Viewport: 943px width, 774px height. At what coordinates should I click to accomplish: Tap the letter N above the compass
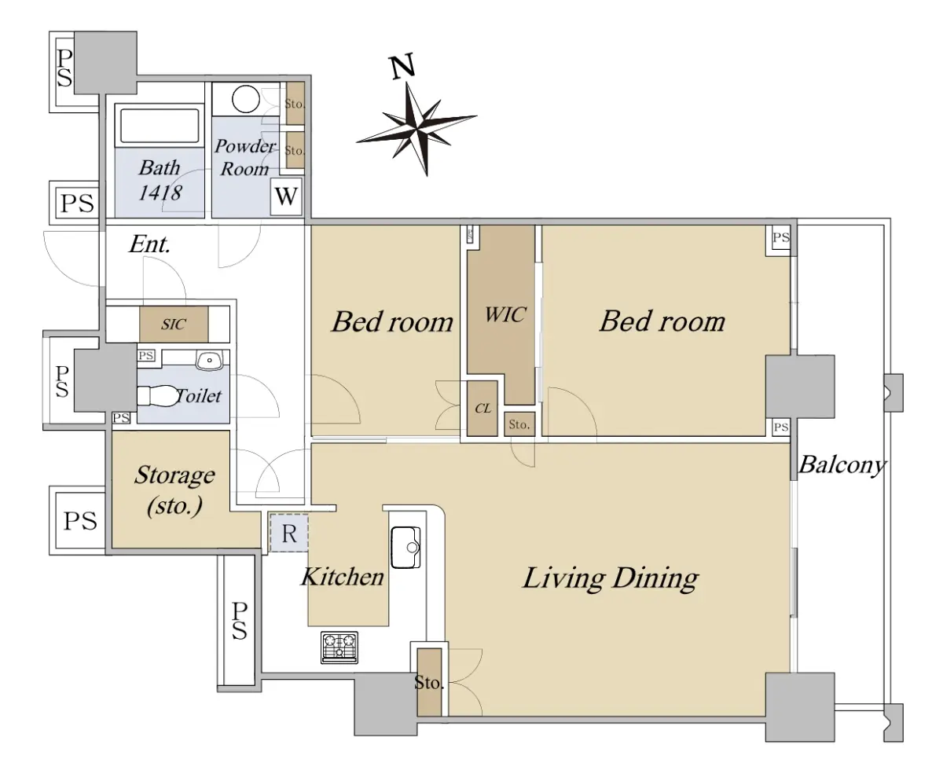click(x=403, y=67)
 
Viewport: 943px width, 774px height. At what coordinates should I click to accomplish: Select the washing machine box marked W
click(x=286, y=196)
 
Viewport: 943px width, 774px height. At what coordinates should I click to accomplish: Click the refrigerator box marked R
click(x=289, y=533)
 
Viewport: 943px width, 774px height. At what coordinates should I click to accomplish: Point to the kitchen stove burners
click(x=339, y=647)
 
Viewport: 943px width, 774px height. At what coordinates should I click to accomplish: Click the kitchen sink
click(x=406, y=547)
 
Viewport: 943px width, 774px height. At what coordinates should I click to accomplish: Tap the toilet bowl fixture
click(x=156, y=396)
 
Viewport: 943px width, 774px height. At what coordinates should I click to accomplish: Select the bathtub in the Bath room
click(x=160, y=125)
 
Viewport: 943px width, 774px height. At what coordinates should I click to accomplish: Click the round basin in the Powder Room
click(x=246, y=99)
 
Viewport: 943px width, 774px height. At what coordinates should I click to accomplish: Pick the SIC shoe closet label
click(x=174, y=325)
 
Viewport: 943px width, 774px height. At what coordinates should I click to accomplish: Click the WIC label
click(x=505, y=315)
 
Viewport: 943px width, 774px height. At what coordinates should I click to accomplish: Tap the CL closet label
click(x=483, y=409)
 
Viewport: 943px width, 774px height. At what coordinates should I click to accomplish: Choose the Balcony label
click(x=842, y=465)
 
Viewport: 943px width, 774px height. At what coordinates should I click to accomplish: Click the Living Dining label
click(x=611, y=578)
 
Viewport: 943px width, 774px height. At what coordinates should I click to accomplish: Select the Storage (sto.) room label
click(x=174, y=490)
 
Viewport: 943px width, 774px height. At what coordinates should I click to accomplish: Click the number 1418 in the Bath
click(x=160, y=193)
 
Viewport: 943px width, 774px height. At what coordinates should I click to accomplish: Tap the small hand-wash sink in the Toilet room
click(x=209, y=361)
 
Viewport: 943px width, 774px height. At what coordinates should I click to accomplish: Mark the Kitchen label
click(x=343, y=577)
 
